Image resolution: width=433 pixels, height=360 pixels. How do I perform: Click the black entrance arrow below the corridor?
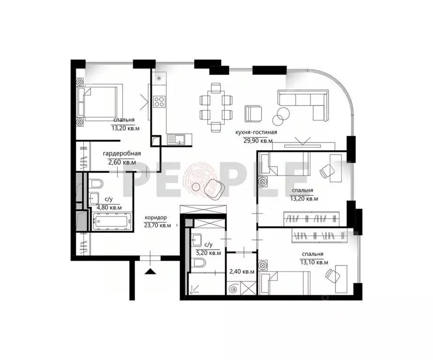click(150, 270)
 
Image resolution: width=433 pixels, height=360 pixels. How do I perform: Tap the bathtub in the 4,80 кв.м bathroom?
click(111, 222)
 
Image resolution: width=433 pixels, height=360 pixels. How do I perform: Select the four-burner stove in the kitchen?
click(159, 102)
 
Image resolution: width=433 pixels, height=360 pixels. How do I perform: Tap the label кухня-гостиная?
click(256, 132)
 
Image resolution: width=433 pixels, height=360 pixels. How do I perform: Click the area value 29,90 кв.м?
click(256, 140)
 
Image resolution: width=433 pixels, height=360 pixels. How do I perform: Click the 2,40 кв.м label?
click(242, 271)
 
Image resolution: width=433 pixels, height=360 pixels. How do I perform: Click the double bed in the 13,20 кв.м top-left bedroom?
click(98, 101)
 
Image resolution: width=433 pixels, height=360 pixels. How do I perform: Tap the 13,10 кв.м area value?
click(312, 262)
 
